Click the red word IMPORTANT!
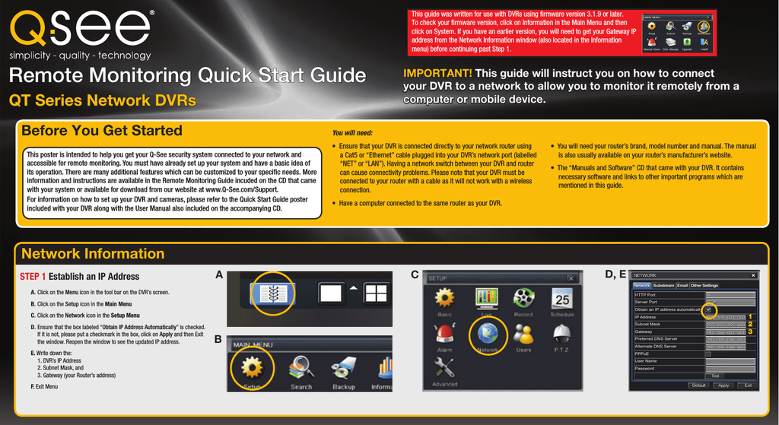pos(437,73)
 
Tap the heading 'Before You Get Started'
pos(101,131)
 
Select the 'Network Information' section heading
pos(92,254)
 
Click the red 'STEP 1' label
pos(33,277)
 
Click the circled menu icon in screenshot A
pos(272,293)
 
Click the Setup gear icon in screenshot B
pos(252,368)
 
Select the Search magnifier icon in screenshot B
pos(300,369)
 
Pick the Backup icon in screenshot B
pos(344,369)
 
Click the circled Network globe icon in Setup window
pos(487,332)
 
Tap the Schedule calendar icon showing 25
pos(561,297)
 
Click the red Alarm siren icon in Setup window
pos(444,333)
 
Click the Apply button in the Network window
pos(723,385)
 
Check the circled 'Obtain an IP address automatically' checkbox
pos(708,309)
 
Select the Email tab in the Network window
pos(682,286)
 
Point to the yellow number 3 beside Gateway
pos(750,331)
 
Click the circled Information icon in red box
pos(704,27)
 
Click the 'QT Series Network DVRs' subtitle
pos(103,100)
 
